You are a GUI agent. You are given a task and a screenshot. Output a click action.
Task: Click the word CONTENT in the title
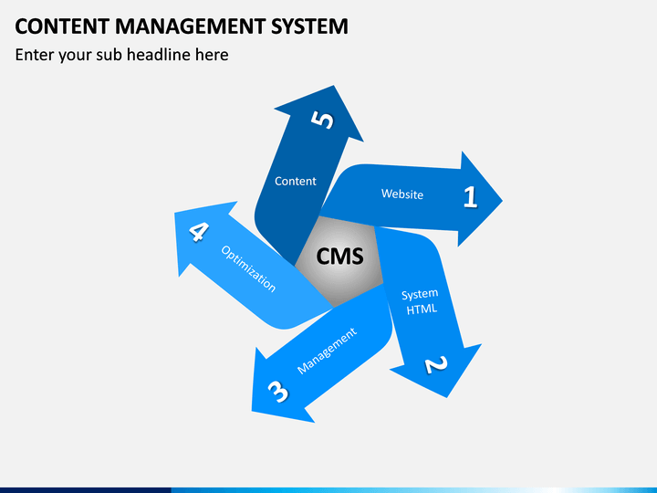[x=62, y=26]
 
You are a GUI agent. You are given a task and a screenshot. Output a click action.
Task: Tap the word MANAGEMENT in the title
[x=190, y=26]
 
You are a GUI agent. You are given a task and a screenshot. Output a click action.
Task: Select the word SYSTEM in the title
[x=309, y=26]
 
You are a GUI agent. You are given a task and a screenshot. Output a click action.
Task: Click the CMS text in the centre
[x=339, y=257]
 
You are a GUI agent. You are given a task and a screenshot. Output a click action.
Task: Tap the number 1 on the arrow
[x=471, y=196]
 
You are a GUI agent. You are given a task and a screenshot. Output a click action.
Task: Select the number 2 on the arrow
[x=436, y=364]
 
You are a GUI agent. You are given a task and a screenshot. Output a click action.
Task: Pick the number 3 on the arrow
[x=277, y=392]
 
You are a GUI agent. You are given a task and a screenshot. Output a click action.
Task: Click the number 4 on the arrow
[x=199, y=231]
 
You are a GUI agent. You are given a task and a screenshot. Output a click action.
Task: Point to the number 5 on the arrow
[x=322, y=120]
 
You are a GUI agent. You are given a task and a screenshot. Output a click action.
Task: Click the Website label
[x=402, y=194]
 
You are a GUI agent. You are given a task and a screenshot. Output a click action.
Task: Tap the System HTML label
[x=421, y=302]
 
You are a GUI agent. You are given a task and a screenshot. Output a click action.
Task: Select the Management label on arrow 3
[x=327, y=351]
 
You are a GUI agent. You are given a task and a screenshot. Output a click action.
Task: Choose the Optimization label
[x=248, y=268]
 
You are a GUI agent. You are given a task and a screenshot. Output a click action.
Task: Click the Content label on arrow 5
[x=296, y=181]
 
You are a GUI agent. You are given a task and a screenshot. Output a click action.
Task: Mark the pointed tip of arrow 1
[x=503, y=200]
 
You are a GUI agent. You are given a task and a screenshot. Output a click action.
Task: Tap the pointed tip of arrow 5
[x=334, y=86]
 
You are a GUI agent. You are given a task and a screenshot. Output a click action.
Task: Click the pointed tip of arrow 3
[x=252, y=411]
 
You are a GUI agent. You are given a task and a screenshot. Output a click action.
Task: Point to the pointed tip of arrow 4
[x=174, y=213]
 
